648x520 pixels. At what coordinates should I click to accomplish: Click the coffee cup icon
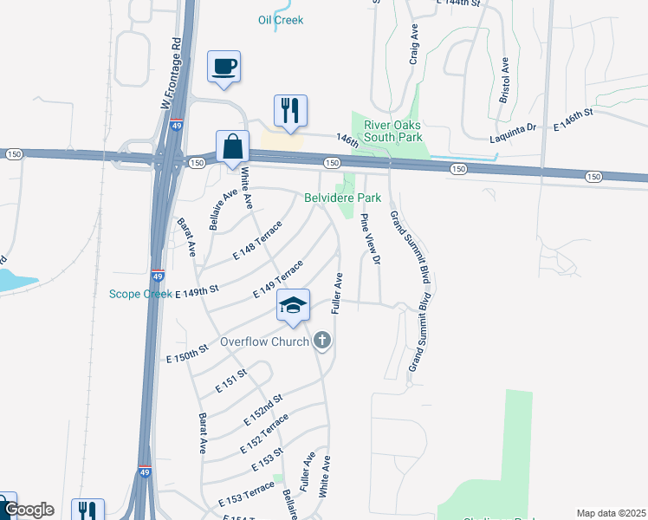pos(224,66)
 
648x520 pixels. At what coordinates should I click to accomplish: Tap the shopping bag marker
pos(233,146)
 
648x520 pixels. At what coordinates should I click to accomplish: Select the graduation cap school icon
pos(293,305)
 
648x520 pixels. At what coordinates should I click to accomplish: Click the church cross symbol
pos(322,341)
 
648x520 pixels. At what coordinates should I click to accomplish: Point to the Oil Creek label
pos(281,20)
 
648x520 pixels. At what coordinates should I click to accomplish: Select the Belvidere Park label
pos(343,198)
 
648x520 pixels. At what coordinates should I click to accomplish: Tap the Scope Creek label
pos(141,294)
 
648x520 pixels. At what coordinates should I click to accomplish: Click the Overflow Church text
pos(264,341)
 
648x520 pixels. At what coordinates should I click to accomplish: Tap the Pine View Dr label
pos(370,238)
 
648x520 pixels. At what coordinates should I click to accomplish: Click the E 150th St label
pos(188,353)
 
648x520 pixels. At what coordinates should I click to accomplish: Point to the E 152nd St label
pos(263,408)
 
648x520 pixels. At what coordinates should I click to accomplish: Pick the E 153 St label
pos(268,460)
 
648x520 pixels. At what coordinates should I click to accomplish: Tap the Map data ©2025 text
pos(610,513)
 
